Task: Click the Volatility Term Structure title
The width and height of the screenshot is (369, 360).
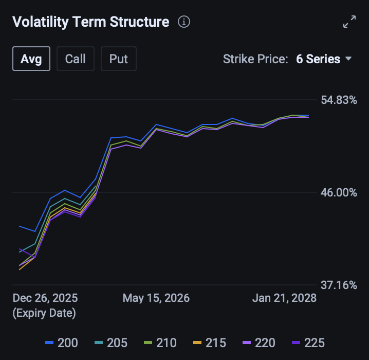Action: click(90, 22)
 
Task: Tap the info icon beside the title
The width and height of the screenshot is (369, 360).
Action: click(184, 22)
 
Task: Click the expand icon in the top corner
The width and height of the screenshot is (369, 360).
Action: click(349, 22)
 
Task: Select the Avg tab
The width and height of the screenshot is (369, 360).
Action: click(31, 59)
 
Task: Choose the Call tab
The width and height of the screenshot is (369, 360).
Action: click(75, 59)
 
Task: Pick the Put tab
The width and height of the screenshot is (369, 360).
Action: click(119, 59)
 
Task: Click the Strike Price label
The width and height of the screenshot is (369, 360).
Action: click(255, 59)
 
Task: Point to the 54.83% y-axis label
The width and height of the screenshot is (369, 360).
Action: click(339, 100)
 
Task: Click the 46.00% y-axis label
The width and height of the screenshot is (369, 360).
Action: click(339, 192)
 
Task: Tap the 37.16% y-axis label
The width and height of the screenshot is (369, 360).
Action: click(339, 285)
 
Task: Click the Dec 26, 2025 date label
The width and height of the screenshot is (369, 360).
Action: click(45, 298)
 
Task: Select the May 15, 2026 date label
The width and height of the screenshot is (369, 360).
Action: click(156, 298)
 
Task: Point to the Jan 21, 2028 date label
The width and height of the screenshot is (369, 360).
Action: click(284, 298)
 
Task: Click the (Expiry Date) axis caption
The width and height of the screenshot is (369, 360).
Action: click(44, 313)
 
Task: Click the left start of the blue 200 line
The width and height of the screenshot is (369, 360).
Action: click(20, 226)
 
